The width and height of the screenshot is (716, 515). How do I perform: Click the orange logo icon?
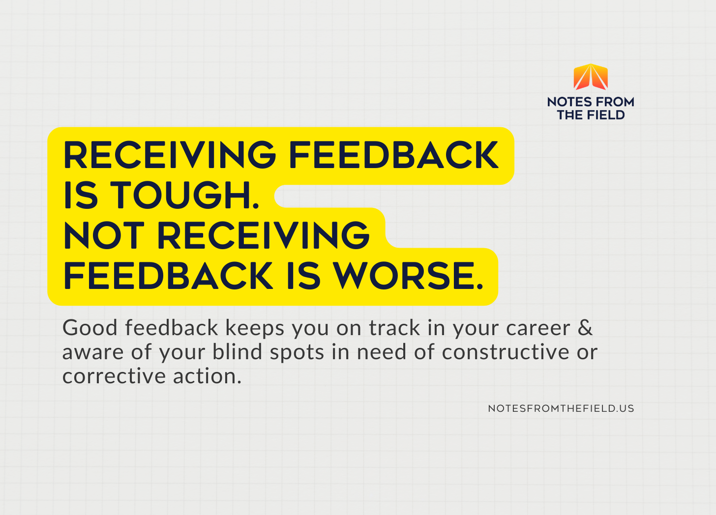(591, 77)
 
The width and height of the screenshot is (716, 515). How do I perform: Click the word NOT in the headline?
(104, 235)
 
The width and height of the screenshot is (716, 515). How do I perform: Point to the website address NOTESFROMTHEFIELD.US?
(561, 408)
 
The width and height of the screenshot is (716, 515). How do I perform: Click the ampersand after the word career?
(585, 327)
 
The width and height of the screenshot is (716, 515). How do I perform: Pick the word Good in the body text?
(90, 328)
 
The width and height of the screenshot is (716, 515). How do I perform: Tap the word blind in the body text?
(237, 352)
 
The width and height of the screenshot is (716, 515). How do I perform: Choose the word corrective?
(114, 376)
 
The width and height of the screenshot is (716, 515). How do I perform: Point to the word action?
(207, 376)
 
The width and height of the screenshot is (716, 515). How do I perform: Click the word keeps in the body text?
(255, 329)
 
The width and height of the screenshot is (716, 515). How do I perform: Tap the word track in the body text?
(394, 328)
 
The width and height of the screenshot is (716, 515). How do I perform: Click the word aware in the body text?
(93, 353)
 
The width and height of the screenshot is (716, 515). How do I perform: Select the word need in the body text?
(382, 352)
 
